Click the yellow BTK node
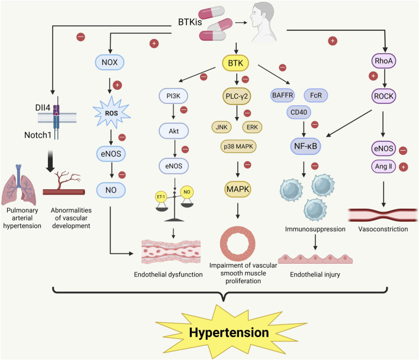tap(236, 63)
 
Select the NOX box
tap(109, 62)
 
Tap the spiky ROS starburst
tap(111, 113)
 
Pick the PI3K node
tap(173, 96)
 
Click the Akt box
tap(173, 131)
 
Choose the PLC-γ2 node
tap(237, 96)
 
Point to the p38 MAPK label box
tap(238, 146)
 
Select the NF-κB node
tap(305, 146)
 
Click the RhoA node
tap(383, 61)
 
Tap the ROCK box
tap(383, 96)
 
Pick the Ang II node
tap(383, 167)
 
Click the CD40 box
tap(299, 112)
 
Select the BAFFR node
tap(282, 95)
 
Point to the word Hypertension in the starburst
tap(229, 333)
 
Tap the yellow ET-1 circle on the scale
tap(161, 197)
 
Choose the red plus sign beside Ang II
tap(403, 167)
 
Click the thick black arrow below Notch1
tap(50, 161)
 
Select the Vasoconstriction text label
tap(383, 229)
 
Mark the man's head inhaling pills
tap(262, 22)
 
